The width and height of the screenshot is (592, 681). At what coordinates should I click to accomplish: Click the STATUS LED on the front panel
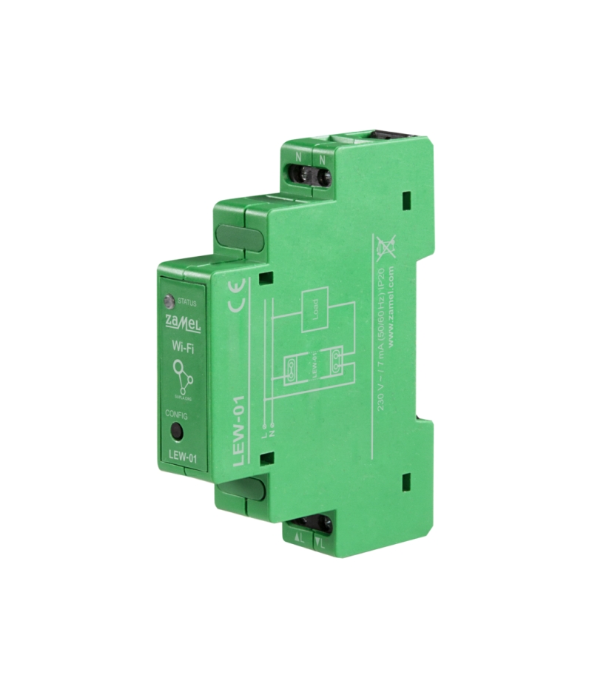tap(170, 301)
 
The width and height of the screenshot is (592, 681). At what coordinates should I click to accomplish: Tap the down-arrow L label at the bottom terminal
tap(320, 539)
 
